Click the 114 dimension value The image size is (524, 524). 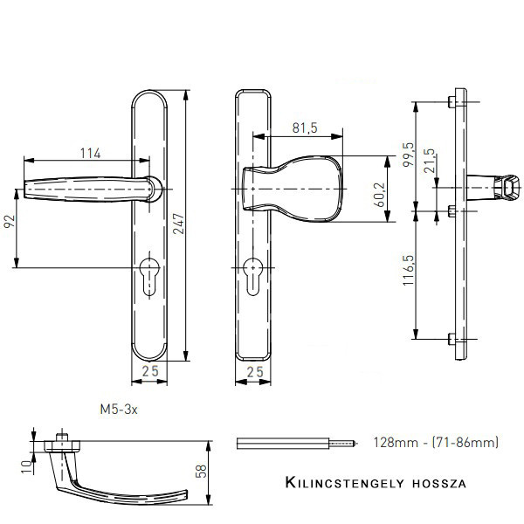click(90, 154)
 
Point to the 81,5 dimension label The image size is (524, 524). click(303, 128)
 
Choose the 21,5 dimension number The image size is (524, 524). click(429, 163)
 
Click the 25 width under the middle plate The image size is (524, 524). click(255, 373)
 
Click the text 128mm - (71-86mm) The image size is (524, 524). click(434, 444)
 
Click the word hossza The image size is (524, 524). click(438, 483)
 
